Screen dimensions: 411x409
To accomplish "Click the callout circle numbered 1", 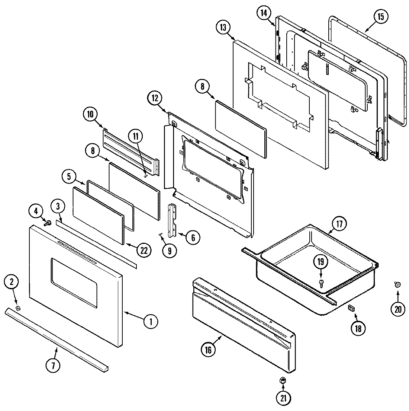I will [151, 321].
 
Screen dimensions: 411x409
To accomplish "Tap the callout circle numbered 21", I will [284, 398].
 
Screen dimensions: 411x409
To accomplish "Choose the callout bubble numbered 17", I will [339, 224].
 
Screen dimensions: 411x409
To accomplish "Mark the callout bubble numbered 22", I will [144, 250].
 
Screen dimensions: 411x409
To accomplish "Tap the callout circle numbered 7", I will [53, 366].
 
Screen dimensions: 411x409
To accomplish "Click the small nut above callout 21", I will [283, 380].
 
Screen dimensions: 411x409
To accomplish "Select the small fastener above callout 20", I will [397, 285].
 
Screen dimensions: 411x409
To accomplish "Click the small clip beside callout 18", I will [351, 308].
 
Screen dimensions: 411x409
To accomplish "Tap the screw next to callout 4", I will [48, 223].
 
